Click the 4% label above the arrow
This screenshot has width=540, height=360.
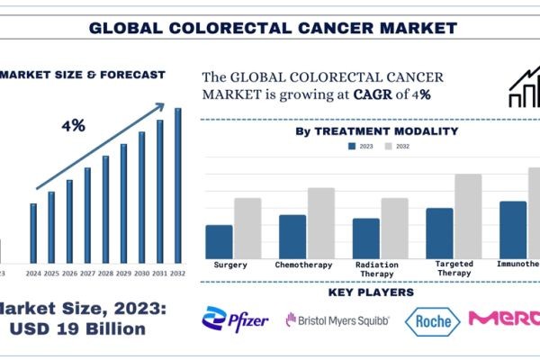click(73, 125)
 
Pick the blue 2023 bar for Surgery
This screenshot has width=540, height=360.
click(219, 241)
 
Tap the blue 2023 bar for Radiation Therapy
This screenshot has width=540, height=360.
click(365, 238)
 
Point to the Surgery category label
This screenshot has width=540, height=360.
click(232, 265)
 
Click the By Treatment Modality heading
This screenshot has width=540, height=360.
click(376, 131)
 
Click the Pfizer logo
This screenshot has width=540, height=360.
click(237, 319)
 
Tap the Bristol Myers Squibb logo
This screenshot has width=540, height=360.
click(337, 319)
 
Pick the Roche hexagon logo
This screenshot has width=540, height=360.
click(432, 320)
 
